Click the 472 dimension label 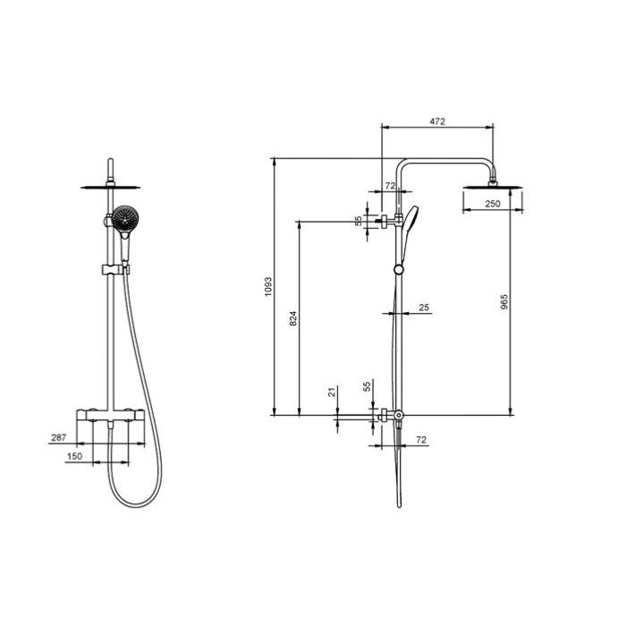click(x=437, y=122)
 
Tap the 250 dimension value click(x=492, y=204)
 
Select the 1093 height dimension click(x=268, y=287)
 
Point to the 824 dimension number click(x=293, y=318)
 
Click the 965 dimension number click(x=503, y=302)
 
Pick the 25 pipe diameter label click(x=424, y=308)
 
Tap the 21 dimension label click(x=332, y=392)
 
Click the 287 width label click(x=59, y=437)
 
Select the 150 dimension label click(x=74, y=456)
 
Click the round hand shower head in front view click(x=125, y=218)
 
